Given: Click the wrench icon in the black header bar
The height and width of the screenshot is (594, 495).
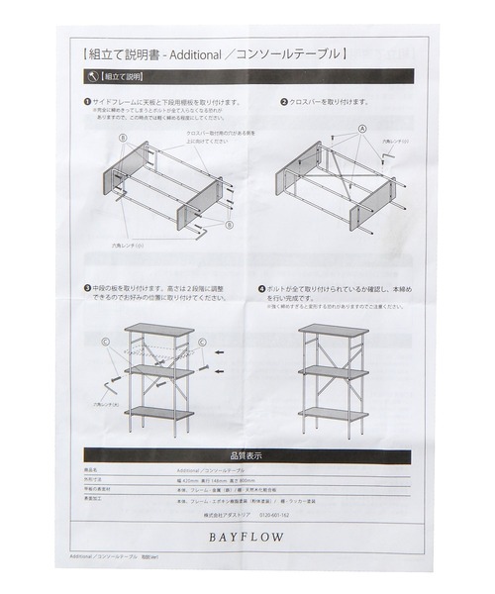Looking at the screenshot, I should (x=93, y=75).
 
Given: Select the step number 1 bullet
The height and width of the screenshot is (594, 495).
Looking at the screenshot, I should (x=87, y=102).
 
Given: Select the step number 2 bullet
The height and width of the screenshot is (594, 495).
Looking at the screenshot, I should (x=284, y=102).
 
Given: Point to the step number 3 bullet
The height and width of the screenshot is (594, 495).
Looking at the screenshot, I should (x=87, y=288).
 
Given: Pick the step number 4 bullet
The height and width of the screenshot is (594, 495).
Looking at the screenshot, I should (x=261, y=288).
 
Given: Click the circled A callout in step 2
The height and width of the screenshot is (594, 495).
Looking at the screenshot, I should (x=362, y=130).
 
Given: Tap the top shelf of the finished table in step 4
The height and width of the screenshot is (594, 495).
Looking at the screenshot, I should (x=334, y=331).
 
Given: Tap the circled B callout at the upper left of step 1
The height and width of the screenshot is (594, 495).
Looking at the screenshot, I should (x=125, y=138).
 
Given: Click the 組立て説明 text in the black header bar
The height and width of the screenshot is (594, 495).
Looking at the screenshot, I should (x=122, y=75).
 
